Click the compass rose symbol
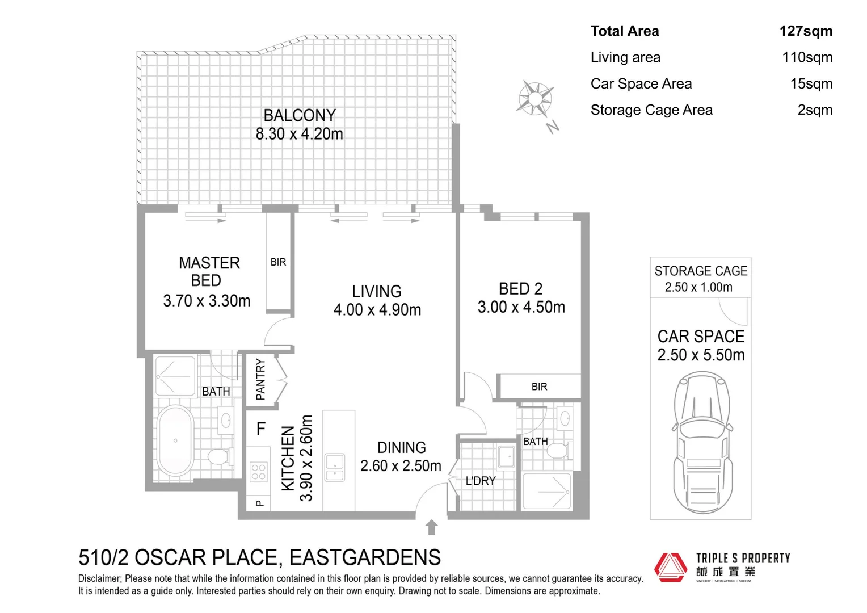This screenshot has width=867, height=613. pos(534,99)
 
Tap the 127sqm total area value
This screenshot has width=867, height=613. pos(806,31)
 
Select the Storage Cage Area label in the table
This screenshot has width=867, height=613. pos(651,110)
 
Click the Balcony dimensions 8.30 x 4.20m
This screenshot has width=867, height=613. pos(299,134)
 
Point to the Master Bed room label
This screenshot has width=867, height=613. pos(209,271)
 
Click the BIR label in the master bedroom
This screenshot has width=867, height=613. pos(278,262)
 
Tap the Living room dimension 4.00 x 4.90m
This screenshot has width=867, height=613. pos(377,310)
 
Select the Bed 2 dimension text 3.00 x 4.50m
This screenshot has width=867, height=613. pos(521,307)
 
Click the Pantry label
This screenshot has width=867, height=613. pos(260,379)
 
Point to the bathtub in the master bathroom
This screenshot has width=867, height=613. pos(175,440)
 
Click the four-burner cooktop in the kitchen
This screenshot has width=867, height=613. pos(259,472)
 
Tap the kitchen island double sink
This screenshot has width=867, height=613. pos(335,468)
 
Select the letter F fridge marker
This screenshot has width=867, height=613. pos(260,429)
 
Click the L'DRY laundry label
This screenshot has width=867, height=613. pos(481,481)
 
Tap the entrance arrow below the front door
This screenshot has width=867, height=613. pos(431,527)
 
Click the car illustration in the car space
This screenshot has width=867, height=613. pos(702,443)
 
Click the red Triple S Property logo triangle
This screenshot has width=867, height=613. pos(671,567)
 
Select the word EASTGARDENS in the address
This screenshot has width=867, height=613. pos(365,558)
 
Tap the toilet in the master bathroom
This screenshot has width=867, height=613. pos(218,456)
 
